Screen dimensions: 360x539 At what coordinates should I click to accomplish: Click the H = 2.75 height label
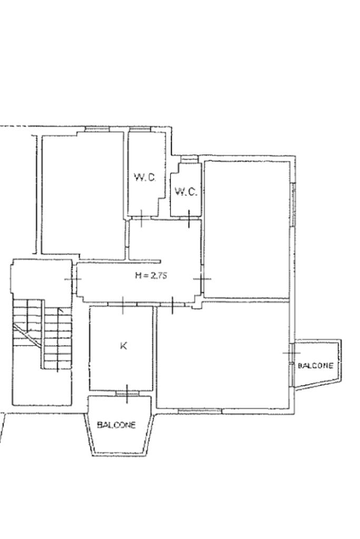click(151, 275)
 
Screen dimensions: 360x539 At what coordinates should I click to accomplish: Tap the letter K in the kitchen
click(123, 346)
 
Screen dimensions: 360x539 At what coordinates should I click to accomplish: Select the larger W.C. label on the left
click(145, 178)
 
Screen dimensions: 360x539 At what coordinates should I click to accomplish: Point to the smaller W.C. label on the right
click(186, 191)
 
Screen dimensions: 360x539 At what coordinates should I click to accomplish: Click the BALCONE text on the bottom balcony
click(116, 425)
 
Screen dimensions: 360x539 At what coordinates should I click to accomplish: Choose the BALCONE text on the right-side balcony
click(315, 366)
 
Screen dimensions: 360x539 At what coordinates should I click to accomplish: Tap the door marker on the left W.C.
click(141, 218)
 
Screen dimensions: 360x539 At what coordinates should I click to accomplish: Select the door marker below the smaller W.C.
click(189, 219)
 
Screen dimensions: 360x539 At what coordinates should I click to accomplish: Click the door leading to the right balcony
click(291, 353)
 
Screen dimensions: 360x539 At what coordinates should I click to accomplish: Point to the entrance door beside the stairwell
click(73, 279)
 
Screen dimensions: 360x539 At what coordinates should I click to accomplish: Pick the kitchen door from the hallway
click(123, 305)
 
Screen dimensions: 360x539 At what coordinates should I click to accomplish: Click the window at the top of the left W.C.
click(140, 129)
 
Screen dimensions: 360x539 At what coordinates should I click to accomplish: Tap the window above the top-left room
click(98, 129)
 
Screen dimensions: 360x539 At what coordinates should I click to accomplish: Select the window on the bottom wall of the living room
click(200, 410)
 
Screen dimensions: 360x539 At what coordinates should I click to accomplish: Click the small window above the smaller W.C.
click(189, 159)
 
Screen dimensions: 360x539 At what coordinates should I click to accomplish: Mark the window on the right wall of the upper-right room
click(293, 204)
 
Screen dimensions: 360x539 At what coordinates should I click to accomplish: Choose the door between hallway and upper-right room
click(202, 279)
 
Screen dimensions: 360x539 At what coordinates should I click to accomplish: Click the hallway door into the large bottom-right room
click(172, 305)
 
